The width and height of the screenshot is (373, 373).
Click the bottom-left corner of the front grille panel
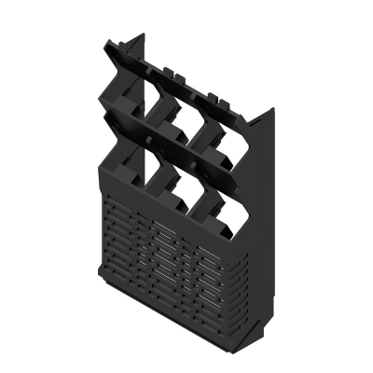click(103, 276)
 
